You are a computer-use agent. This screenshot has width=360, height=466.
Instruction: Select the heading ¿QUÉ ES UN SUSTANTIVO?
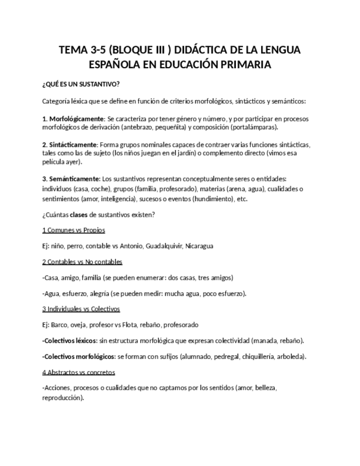click(x=80, y=84)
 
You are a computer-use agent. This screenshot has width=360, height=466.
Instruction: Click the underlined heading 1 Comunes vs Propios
click(x=74, y=230)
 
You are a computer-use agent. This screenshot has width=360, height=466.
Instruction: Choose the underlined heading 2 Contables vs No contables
click(x=82, y=262)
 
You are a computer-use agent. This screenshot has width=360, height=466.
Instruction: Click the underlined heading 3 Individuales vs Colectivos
click(x=81, y=309)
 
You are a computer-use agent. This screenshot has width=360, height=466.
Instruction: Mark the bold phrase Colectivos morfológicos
click(x=80, y=356)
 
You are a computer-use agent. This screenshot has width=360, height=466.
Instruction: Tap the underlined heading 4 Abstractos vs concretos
click(x=79, y=372)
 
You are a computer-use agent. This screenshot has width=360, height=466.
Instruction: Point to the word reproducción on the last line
click(x=62, y=398)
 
